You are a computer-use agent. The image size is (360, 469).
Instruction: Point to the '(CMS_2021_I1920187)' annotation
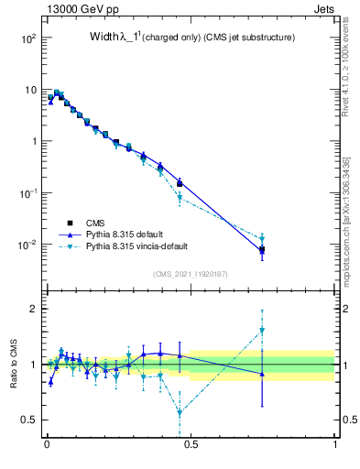(191, 273)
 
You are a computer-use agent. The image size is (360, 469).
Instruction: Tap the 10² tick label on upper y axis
(27, 39)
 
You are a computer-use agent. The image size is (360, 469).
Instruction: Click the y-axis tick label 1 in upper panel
(33, 142)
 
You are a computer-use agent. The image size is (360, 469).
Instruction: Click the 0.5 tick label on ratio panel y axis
(29, 420)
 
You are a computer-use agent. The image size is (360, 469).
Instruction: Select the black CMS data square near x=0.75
(262, 249)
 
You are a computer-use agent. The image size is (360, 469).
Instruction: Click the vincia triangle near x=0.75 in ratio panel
(262, 330)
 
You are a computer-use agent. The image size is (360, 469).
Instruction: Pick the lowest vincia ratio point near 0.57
(180, 412)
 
